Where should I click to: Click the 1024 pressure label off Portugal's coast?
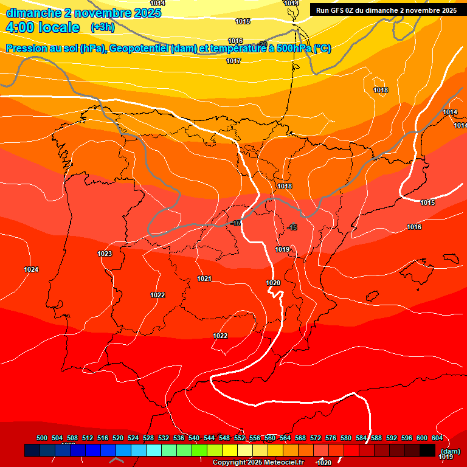(x=31, y=269)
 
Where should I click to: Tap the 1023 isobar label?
(x=105, y=254)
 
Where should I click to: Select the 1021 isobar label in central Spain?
(x=204, y=279)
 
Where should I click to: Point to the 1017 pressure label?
(x=233, y=61)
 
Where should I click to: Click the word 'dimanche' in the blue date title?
(x=33, y=13)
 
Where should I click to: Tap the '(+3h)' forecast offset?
(x=102, y=27)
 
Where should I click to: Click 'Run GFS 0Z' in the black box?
(x=337, y=10)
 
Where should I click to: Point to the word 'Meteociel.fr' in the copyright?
(x=284, y=463)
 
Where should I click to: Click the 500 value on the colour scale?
(x=42, y=438)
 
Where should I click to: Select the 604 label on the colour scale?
(x=437, y=438)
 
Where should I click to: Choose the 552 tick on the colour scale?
(x=240, y=438)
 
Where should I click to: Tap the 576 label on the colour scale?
(x=331, y=438)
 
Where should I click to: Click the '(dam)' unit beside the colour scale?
(x=450, y=451)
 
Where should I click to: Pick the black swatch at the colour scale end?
(x=427, y=450)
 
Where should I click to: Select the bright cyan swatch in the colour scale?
(x=154, y=450)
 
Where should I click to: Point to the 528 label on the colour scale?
(x=148, y=438)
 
